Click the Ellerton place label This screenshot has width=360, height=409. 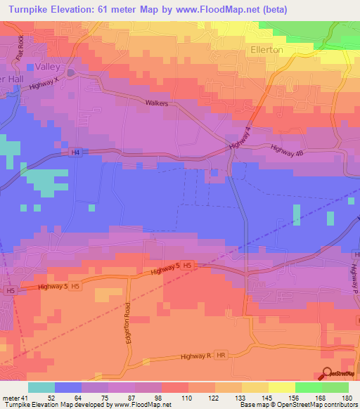tap(266, 50)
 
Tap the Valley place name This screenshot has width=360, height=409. tap(51, 67)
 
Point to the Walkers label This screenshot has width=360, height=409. tap(158, 103)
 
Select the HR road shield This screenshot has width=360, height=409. tap(222, 356)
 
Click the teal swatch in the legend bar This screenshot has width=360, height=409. tap(41, 387)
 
